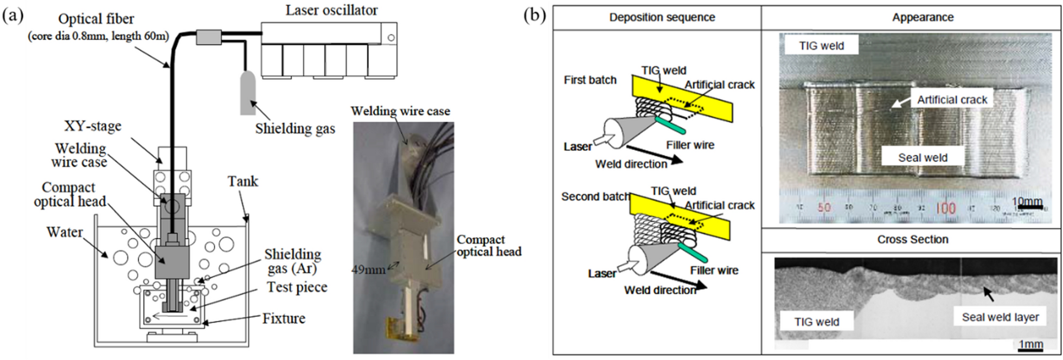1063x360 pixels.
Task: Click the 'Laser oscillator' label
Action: click(x=331, y=10)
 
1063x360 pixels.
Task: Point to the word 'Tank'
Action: click(x=242, y=181)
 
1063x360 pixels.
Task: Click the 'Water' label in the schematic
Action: click(x=65, y=232)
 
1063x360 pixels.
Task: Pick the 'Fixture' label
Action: click(x=284, y=318)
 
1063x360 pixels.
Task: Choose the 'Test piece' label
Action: click(x=297, y=287)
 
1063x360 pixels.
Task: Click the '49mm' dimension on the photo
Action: click(x=368, y=269)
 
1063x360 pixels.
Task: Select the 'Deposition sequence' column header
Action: click(x=662, y=17)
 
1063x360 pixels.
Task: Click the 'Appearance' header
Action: click(x=923, y=17)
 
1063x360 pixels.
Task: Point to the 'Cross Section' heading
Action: click(x=913, y=240)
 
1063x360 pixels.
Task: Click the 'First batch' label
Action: click(x=590, y=80)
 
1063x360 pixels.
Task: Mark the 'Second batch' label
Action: click(x=595, y=196)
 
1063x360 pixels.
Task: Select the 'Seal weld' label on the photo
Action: click(x=923, y=158)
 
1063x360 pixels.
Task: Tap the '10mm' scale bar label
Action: click(x=1027, y=202)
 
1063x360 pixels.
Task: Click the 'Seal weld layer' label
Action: click(x=1000, y=317)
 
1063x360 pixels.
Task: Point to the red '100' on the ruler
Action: click(x=945, y=208)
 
